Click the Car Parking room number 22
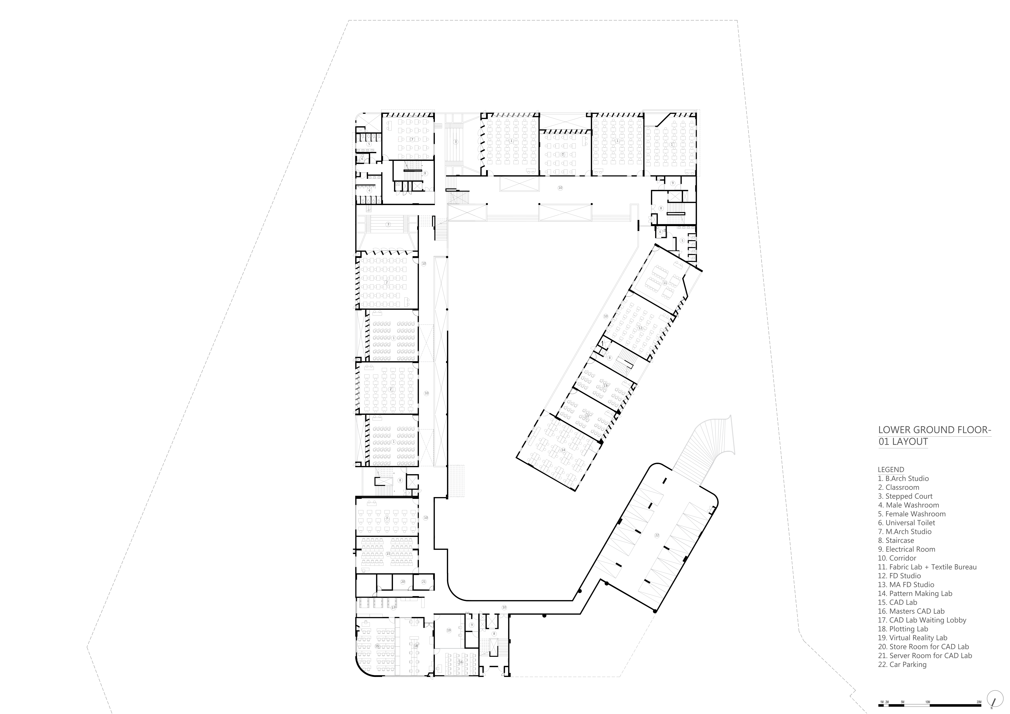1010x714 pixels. (657, 535)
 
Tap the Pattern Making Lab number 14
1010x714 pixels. (563, 450)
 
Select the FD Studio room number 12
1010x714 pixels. (640, 328)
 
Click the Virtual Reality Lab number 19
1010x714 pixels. (449, 630)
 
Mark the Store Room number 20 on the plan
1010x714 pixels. (403, 582)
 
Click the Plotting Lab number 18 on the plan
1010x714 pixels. (416, 646)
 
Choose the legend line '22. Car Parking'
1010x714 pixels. (902, 664)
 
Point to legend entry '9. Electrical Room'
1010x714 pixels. (907, 549)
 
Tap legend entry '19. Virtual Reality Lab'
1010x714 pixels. (912, 638)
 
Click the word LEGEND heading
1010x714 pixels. (891, 469)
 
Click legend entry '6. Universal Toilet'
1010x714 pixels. (907, 523)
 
